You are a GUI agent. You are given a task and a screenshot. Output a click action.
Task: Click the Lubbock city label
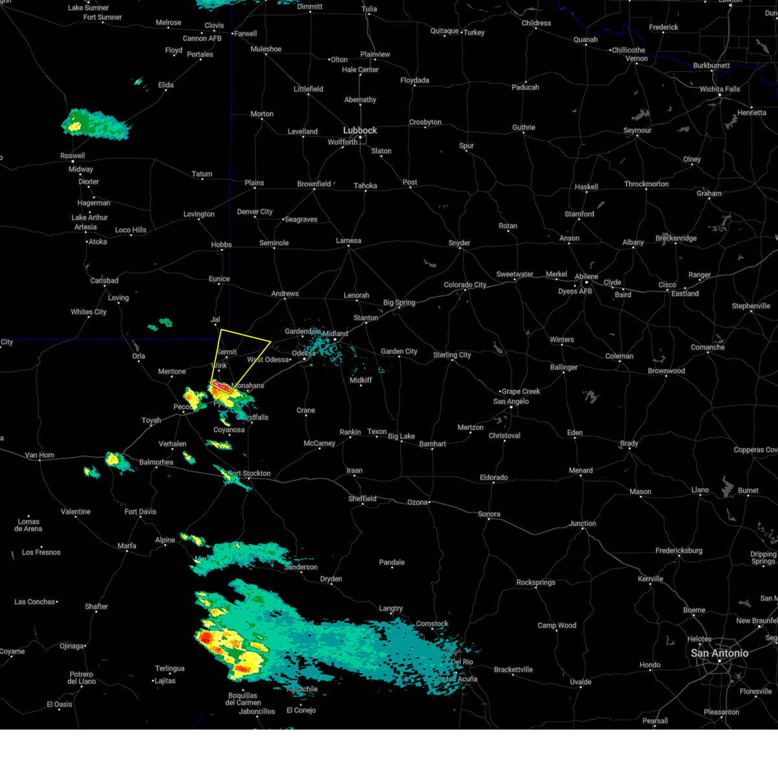click(360, 130)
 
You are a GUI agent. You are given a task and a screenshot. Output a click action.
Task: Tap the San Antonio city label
click(719, 653)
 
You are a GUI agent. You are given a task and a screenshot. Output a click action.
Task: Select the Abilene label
click(586, 276)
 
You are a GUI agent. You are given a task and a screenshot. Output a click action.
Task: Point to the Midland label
click(335, 334)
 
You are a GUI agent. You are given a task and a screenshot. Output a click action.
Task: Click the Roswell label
click(73, 156)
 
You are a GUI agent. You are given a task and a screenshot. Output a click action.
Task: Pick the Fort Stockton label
click(250, 473)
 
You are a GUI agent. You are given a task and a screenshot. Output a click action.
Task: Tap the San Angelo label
click(511, 401)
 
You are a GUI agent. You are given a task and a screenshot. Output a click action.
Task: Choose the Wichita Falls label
click(720, 89)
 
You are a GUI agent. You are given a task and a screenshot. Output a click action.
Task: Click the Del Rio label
click(462, 662)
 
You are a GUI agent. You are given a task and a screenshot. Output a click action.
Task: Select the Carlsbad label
click(104, 281)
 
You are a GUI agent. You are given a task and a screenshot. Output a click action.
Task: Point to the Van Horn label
click(40, 455)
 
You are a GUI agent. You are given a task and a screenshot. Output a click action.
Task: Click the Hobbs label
click(221, 244)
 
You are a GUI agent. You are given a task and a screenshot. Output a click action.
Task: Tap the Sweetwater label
click(515, 274)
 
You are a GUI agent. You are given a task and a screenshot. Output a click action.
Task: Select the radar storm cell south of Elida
click(94, 123)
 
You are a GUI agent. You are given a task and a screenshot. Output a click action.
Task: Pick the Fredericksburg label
click(679, 550)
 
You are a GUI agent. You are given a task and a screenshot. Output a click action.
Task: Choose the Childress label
click(536, 23)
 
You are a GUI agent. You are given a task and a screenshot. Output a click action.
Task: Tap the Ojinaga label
click(71, 646)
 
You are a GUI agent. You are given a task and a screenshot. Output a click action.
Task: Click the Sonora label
click(489, 514)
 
